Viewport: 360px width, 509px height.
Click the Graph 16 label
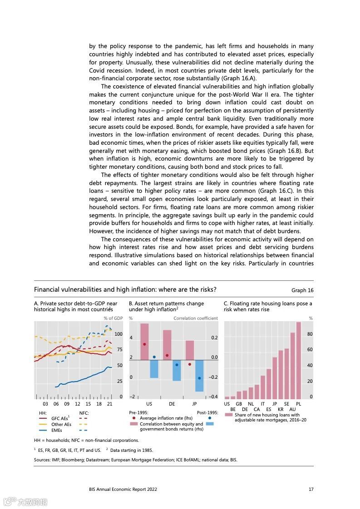[x=302, y=290]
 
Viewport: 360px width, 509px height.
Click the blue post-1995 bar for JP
[x=199, y=376]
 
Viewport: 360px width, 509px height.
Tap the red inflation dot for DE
[x=167, y=355]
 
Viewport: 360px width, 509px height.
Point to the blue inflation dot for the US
[x=154, y=357]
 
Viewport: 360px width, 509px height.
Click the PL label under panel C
[x=298, y=404]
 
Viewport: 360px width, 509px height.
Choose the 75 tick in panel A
[x=119, y=350]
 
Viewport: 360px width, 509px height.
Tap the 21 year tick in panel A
[x=109, y=404]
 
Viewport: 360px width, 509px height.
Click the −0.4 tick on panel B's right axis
[x=213, y=397]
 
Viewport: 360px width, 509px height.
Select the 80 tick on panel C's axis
[x=310, y=334]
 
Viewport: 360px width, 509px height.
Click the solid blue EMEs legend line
[x=43, y=430]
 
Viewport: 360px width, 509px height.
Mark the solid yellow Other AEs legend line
[x=43, y=424]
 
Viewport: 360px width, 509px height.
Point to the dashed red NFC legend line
[x=83, y=418]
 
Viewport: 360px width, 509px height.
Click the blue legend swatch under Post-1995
[x=209, y=424]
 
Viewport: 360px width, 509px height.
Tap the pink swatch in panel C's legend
[x=228, y=415]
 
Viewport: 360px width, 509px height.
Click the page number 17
[x=311, y=489]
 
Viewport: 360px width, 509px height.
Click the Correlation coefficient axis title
[x=196, y=318]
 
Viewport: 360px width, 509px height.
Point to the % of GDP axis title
[x=113, y=318]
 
